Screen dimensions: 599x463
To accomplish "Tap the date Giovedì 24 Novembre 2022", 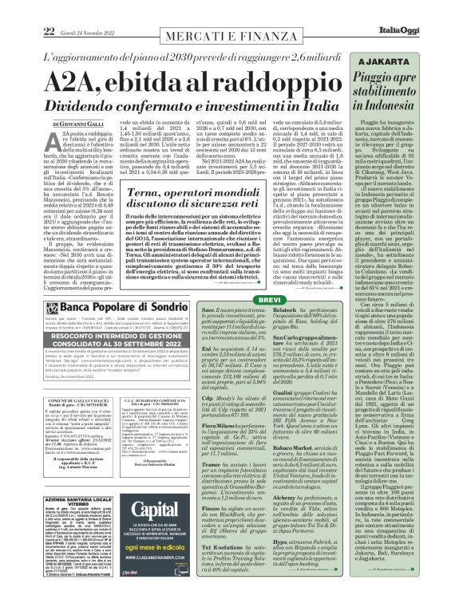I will point(69,9).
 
